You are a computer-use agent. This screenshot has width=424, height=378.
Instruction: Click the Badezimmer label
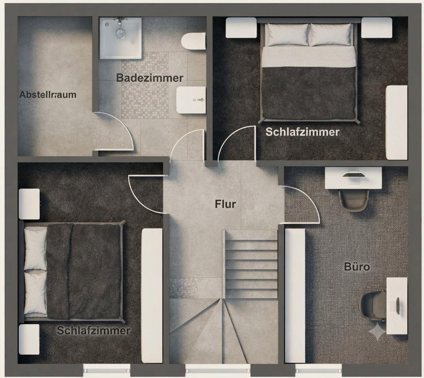point(150,78)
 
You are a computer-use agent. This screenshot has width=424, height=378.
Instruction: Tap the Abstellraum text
point(48,95)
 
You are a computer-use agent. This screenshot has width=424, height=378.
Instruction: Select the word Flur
point(225,204)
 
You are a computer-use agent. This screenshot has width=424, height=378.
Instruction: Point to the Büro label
point(357,267)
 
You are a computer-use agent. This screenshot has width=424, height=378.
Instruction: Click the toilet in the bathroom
point(193,42)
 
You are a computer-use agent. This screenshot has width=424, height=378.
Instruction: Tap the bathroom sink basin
point(191,100)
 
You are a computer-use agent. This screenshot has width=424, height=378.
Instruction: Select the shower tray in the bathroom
point(121,38)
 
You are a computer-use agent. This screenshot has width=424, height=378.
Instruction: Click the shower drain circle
point(121,34)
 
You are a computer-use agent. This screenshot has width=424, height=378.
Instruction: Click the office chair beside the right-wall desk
point(374,305)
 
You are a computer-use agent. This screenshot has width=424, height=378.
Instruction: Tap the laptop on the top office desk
point(353,175)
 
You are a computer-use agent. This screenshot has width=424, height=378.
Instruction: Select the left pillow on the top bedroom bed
point(286,34)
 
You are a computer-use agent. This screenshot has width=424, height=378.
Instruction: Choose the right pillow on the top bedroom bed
point(330,34)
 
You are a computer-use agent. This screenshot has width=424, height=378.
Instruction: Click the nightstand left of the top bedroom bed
point(241,27)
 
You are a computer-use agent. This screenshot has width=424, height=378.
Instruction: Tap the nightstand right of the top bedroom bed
point(377,27)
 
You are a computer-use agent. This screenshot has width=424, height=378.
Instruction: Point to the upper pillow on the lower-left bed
point(35,248)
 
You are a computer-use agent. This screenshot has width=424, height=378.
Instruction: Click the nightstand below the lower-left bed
point(29,340)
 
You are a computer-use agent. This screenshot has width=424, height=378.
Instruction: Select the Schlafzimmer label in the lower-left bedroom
point(94,331)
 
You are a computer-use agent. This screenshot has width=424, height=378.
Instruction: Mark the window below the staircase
point(218,369)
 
